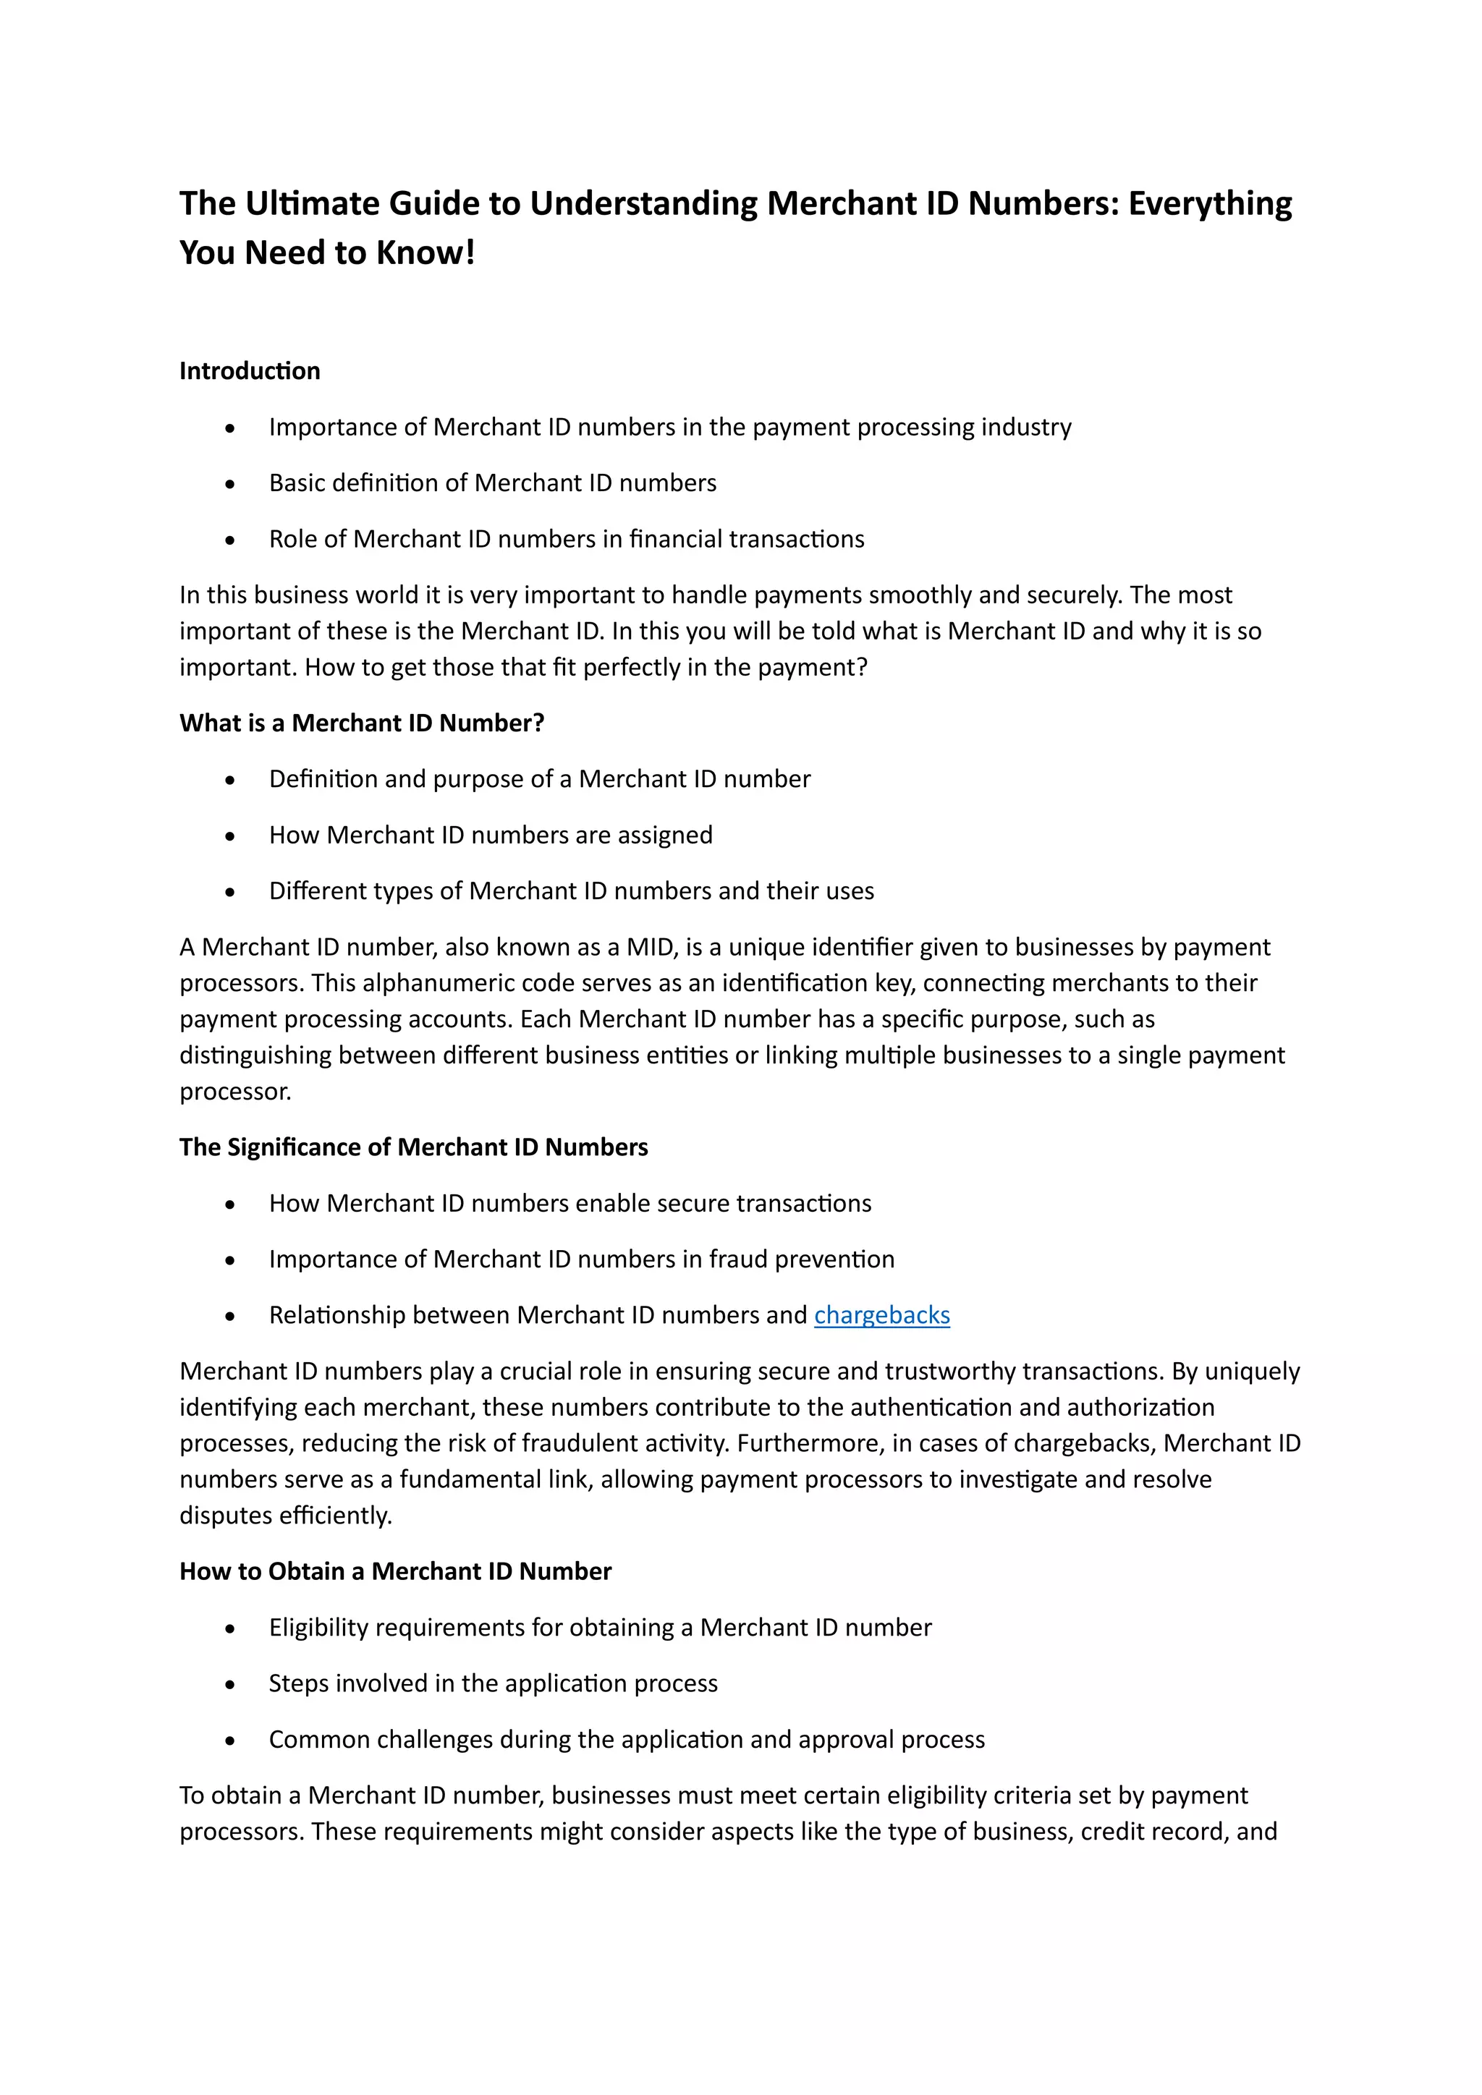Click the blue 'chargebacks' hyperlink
(881, 1315)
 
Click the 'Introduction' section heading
(249, 370)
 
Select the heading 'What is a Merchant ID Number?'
(361, 723)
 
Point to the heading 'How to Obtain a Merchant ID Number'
(395, 1571)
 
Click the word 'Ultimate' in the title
(312, 203)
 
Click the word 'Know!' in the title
(426, 252)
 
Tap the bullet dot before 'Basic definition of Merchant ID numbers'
(230, 485)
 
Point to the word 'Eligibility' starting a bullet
(318, 1628)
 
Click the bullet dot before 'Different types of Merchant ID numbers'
(230, 893)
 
